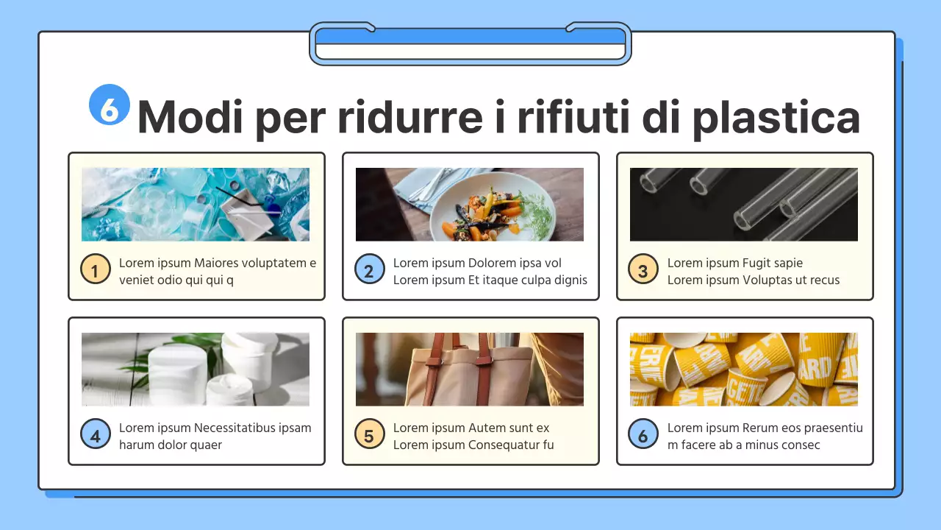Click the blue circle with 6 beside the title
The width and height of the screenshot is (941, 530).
coord(110,105)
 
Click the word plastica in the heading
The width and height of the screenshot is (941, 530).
coord(776,116)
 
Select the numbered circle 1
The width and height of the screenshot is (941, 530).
coord(96,270)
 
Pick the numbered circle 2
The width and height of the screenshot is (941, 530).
coord(369,270)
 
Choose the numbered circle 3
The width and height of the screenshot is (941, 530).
coord(643,270)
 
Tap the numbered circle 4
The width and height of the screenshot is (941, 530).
coord(96,435)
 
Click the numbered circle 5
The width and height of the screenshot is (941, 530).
coord(369,435)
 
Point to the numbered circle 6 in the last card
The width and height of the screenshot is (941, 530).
coord(643,435)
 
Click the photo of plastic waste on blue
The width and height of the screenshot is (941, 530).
coord(196,204)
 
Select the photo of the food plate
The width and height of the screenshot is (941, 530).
coord(470,204)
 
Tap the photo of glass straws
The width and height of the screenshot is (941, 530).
coord(744,204)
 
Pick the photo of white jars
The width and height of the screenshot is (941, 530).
coord(196,369)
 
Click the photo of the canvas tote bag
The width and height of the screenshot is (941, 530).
coord(470,369)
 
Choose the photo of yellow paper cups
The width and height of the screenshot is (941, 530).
coord(744,369)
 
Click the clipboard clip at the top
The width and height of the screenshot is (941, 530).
coord(470,44)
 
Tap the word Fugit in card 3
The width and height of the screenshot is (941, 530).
coord(758,263)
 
